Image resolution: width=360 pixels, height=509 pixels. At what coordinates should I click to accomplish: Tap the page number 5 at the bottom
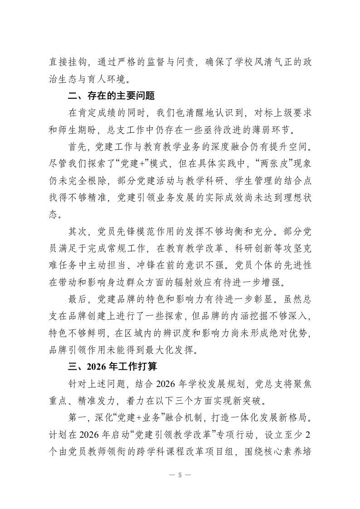pos(180,475)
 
